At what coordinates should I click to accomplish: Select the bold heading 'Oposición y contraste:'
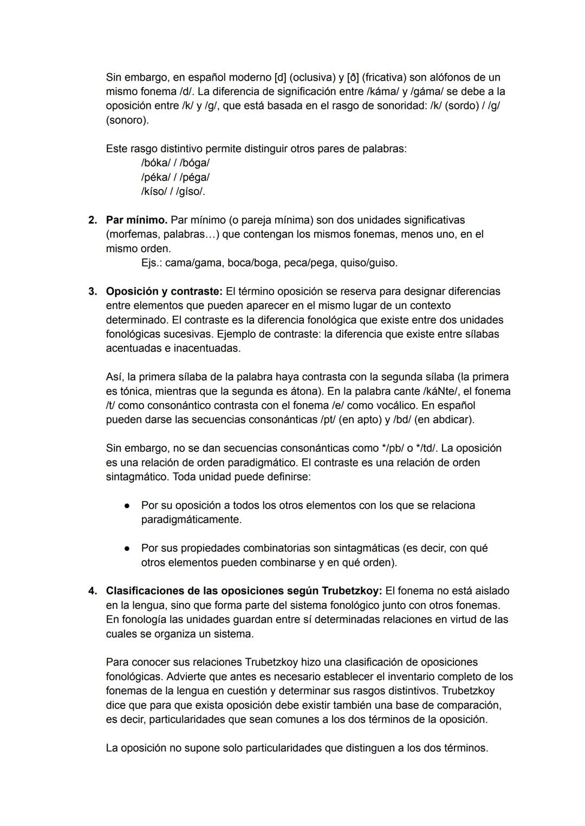point(164,291)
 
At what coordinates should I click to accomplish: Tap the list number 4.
point(93,591)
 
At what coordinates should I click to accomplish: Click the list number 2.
point(93,220)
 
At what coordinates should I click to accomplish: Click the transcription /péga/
point(194,177)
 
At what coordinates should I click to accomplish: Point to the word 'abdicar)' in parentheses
point(454,420)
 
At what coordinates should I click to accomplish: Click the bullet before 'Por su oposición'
point(126,506)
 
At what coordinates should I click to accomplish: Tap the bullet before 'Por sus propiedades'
point(126,549)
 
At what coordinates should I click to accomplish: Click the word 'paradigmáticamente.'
point(191,520)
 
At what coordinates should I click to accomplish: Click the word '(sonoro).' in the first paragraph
point(127,120)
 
